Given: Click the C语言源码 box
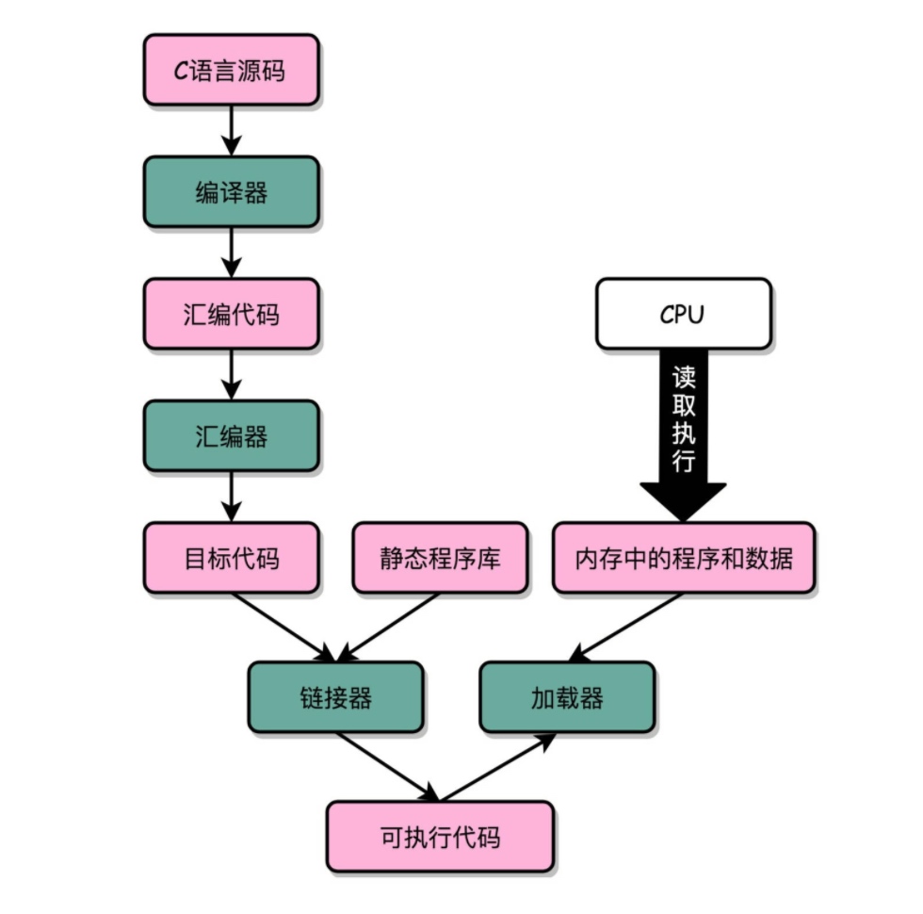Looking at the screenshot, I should tap(231, 71).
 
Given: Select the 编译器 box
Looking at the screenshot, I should tap(231, 192).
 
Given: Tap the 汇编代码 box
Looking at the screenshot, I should tap(231, 314).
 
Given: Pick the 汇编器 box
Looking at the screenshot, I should tap(231, 436).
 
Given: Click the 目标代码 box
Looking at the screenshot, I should tap(231, 558).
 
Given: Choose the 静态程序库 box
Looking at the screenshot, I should tap(440, 558).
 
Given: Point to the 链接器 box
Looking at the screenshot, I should tap(335, 697).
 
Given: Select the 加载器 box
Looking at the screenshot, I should tap(567, 697).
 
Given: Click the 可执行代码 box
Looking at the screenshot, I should tap(440, 837).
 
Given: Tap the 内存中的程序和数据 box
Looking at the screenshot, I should tap(684, 558).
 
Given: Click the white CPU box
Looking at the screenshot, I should tap(684, 314).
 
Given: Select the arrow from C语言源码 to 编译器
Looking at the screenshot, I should tap(231, 130).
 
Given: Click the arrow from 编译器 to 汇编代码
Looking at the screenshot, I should tap(231, 252).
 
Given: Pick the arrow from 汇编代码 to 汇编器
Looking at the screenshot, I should tap(231, 374).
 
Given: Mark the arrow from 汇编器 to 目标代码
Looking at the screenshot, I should tap(231, 496).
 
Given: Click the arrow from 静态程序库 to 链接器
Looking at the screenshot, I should tap(388, 627).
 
